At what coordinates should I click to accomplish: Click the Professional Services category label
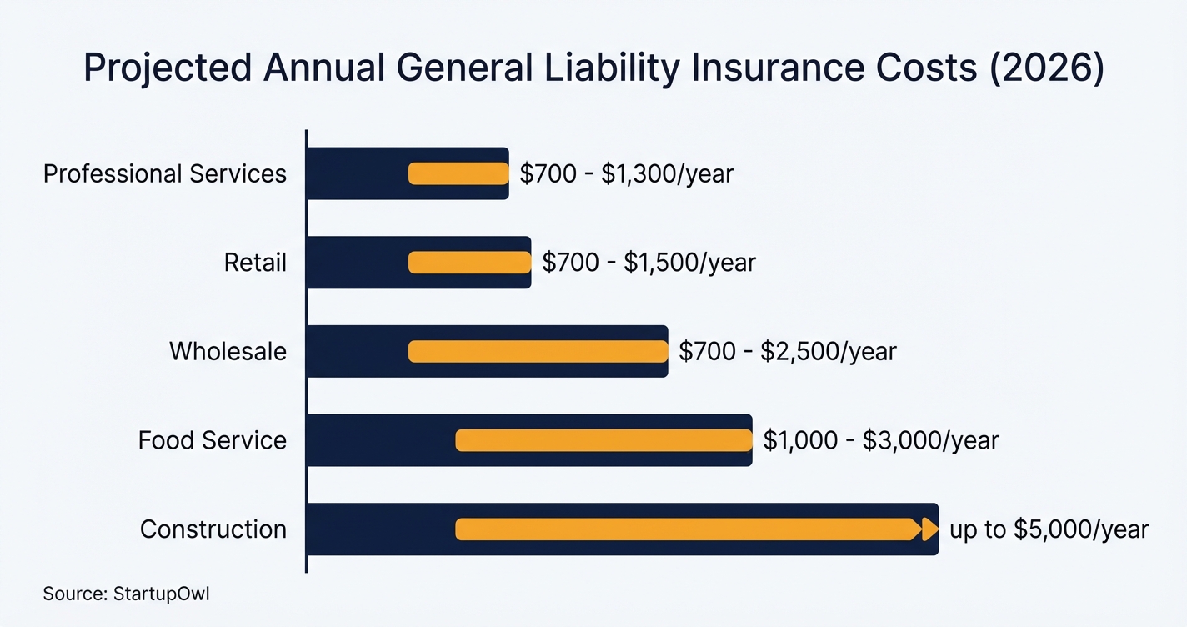point(164,173)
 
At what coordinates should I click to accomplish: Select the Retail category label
point(255,263)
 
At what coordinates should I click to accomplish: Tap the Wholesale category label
point(228,351)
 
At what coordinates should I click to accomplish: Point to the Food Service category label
point(212,440)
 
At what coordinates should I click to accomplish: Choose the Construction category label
point(213,529)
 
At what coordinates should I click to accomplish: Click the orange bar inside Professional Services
point(458,173)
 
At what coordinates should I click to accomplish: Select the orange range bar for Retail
point(469,263)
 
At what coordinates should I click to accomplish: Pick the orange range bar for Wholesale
point(538,351)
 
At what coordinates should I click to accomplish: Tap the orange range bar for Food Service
point(604,440)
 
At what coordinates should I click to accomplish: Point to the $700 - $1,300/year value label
point(626,173)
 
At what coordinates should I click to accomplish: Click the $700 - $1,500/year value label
point(649,263)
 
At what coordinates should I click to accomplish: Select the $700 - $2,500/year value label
point(788,351)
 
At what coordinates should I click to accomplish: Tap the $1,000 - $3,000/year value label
point(881,440)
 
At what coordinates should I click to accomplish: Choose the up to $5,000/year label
point(1049,529)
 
